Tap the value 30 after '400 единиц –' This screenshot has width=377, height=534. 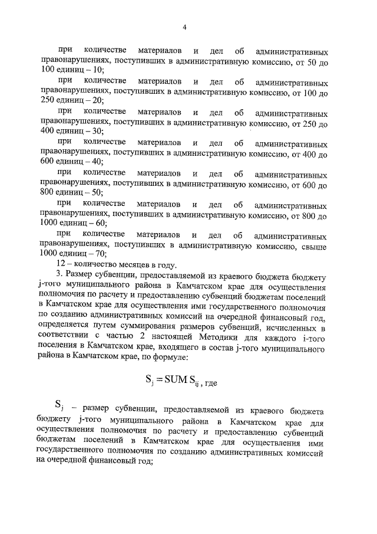96,131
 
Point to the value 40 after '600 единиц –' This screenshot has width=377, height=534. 96,162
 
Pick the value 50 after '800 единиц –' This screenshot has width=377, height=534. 96,192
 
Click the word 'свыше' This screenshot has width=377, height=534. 313,243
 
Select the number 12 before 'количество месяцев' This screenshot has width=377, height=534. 59,264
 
